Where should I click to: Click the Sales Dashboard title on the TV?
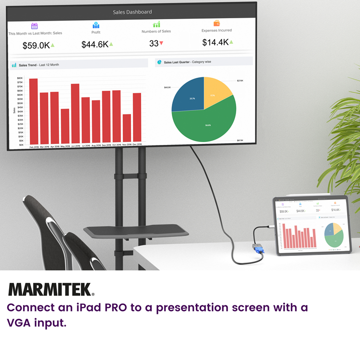pyautogui.click(x=132, y=12)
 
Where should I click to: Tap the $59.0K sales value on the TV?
pyautogui.click(x=36, y=46)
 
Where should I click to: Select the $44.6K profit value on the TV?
pyautogui.click(x=95, y=45)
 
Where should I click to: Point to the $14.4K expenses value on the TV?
pyautogui.click(x=215, y=42)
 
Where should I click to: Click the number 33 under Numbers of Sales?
pyautogui.click(x=154, y=44)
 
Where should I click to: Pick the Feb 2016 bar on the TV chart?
pyautogui.click(x=34, y=111)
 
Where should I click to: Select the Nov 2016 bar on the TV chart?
pyautogui.click(x=127, y=129)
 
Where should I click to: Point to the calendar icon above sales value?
pyautogui.click(x=34, y=26)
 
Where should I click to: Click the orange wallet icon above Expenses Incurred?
pyautogui.click(x=217, y=23)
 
